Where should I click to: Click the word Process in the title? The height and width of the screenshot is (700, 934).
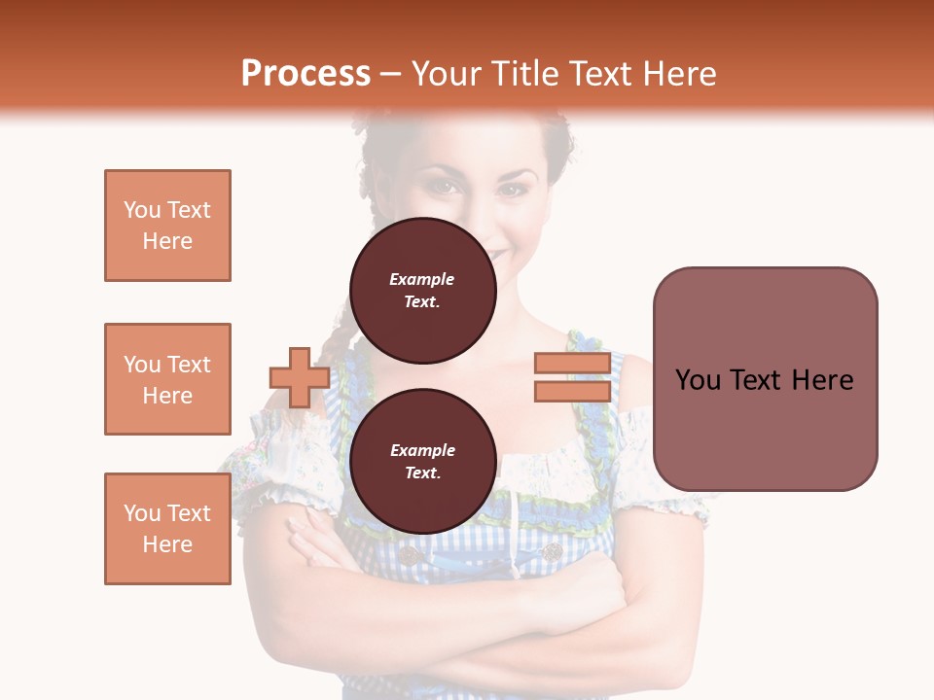click(305, 74)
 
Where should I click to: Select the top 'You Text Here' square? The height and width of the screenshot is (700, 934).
click(167, 226)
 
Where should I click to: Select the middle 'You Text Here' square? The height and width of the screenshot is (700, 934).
click(167, 379)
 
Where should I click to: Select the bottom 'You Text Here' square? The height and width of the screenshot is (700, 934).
click(167, 529)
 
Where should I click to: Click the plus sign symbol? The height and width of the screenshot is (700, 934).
click(300, 377)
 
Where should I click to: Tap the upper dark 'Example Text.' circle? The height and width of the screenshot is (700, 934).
click(422, 291)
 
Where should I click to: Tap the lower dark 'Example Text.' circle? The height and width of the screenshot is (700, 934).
click(422, 462)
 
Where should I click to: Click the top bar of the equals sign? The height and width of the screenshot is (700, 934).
click(572, 364)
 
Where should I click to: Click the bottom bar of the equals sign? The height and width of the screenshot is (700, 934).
click(572, 391)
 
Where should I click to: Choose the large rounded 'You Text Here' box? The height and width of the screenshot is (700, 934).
click(765, 379)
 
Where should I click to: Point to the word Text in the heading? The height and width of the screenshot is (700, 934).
click(598, 74)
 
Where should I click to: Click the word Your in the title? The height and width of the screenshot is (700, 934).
click(446, 74)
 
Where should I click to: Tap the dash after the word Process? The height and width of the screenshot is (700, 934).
click(391, 74)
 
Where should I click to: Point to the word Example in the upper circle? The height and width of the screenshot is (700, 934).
click(422, 279)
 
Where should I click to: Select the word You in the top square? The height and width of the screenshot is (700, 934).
click(142, 210)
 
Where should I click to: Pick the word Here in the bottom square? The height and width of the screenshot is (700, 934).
click(167, 544)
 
